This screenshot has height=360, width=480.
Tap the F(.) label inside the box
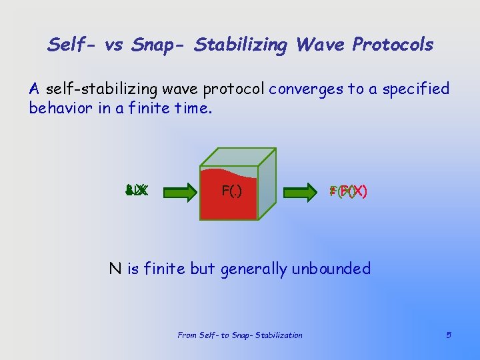click(x=231, y=192)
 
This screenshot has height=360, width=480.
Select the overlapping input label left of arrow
click(x=136, y=191)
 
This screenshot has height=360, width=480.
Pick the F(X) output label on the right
click(x=348, y=191)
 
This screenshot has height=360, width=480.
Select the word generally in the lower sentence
click(x=253, y=269)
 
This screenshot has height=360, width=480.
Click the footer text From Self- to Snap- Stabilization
click(x=240, y=335)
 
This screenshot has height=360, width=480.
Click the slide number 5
click(x=449, y=335)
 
